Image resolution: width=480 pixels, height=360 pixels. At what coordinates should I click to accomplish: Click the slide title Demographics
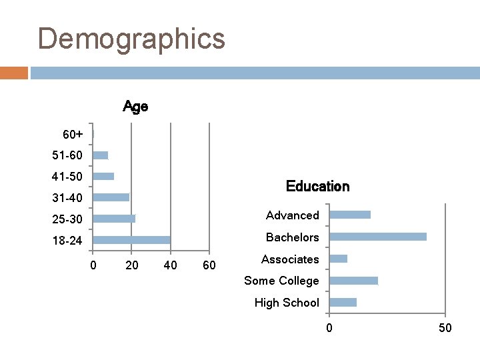coord(131,39)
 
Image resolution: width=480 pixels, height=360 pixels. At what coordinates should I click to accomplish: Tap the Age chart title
coord(135,107)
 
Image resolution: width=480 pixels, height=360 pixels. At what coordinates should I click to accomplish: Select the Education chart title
coord(317,187)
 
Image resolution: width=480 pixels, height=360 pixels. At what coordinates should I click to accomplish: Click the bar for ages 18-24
coord(131,240)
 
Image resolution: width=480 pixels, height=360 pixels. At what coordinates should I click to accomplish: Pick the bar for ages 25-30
coord(114,219)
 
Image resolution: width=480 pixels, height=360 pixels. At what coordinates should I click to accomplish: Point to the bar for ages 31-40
coord(111,197)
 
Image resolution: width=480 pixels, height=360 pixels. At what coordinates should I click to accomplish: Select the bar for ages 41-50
coord(103,177)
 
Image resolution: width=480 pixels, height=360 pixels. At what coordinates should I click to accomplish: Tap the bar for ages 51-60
coord(100,155)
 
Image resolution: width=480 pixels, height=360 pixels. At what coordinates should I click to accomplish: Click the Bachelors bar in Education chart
coord(378,237)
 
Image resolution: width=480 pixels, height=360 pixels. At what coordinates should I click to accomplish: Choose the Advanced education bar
coord(350,215)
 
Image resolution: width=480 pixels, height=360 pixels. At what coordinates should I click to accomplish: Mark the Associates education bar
coord(338,259)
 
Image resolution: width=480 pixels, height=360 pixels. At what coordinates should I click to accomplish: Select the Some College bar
coord(353,281)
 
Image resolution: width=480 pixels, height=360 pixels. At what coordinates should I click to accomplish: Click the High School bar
coord(343,303)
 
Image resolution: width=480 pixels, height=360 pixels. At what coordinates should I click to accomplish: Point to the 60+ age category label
coord(73,135)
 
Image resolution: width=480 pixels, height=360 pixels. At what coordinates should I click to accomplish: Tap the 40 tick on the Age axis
coord(171,266)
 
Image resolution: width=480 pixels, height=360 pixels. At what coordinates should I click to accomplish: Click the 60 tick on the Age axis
coord(209,266)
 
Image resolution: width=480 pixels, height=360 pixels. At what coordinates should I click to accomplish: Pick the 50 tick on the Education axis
coord(445,328)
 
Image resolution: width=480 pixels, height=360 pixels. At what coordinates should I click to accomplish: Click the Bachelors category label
coord(292,237)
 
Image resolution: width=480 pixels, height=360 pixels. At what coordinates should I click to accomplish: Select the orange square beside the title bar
coord(14,73)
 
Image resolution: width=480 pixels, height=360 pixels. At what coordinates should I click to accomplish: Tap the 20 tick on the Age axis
coord(132,266)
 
